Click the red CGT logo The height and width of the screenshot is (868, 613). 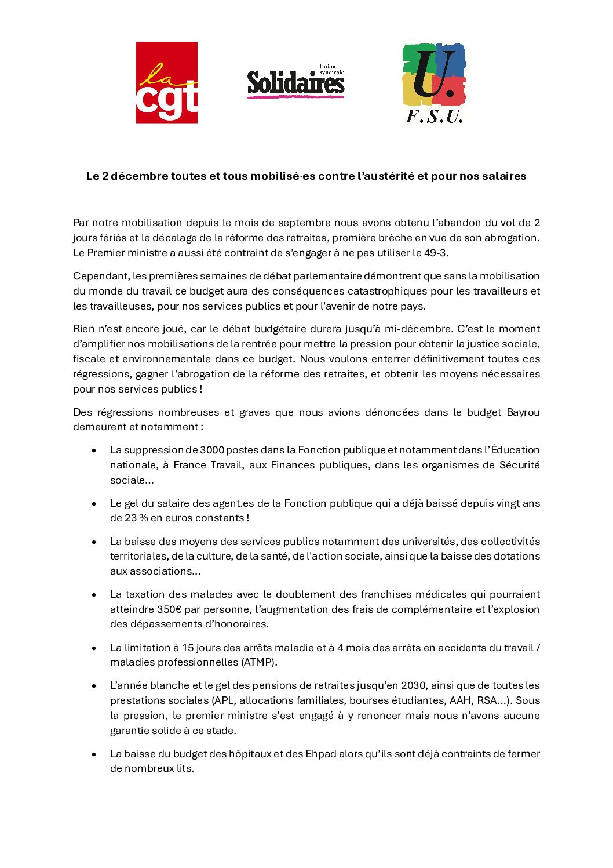tap(166, 82)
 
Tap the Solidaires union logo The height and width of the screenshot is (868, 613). tap(295, 81)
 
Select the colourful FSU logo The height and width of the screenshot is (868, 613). tap(434, 83)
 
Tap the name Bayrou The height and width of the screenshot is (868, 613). tap(523, 412)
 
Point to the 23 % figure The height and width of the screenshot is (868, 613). tap(136, 518)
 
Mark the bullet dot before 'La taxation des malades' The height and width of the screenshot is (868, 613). tap(94, 595)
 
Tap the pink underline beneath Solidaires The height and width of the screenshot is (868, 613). tap(295, 96)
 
